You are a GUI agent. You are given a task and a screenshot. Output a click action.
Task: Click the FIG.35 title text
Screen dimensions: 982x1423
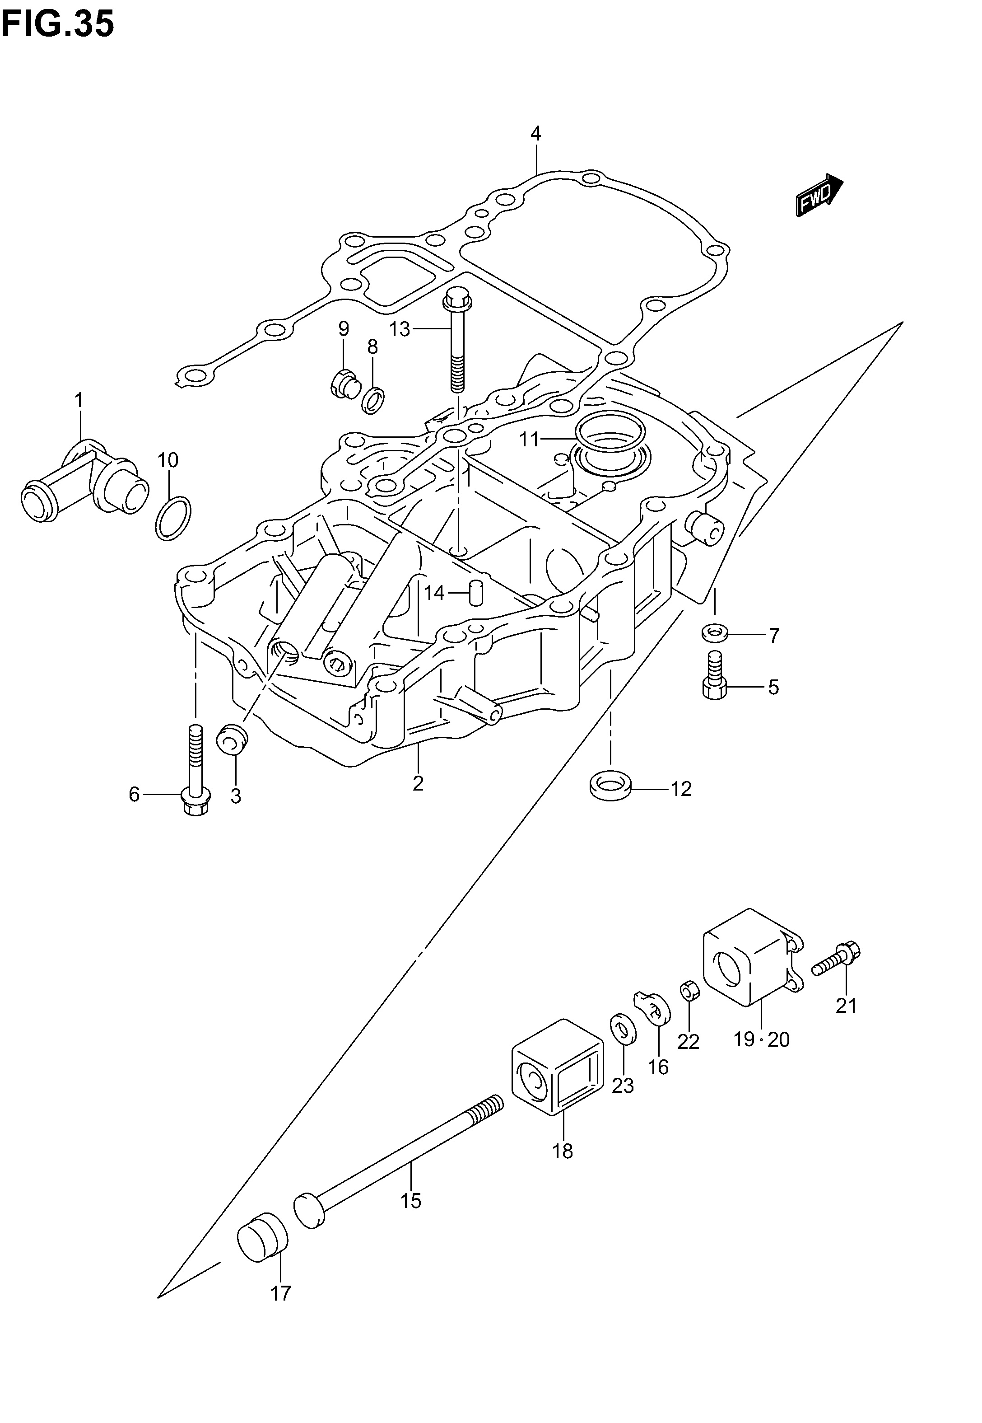coord(57,24)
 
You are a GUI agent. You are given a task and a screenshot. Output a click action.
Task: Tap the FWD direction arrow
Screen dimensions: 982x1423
coord(818,195)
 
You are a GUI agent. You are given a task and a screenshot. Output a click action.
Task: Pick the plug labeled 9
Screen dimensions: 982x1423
coord(341,382)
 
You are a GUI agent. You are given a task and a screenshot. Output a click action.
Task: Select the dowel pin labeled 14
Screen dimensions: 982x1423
coord(476,592)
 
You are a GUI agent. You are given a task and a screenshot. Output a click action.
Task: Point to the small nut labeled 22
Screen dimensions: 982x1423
coord(688,992)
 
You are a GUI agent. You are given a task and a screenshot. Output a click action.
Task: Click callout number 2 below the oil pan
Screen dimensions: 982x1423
coord(419,783)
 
